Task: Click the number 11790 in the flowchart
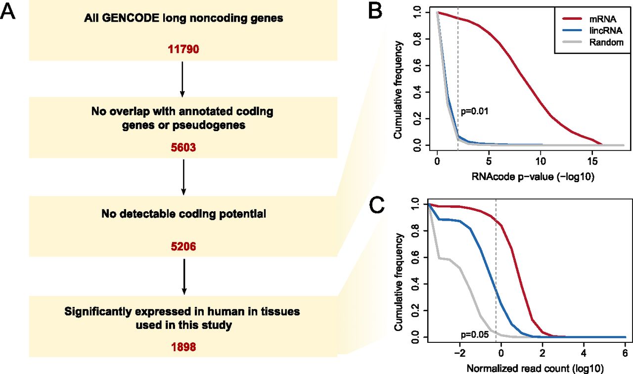click(x=183, y=49)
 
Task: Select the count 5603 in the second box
click(x=183, y=147)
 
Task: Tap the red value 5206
click(x=183, y=246)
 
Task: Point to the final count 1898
click(x=183, y=347)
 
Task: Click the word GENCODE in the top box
click(x=131, y=18)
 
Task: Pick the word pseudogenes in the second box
click(x=209, y=125)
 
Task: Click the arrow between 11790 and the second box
click(x=182, y=79)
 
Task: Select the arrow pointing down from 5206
click(x=184, y=277)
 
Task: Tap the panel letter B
click(x=375, y=11)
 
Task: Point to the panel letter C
click(x=377, y=205)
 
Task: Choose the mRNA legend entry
click(x=589, y=19)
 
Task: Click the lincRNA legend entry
click(x=592, y=30)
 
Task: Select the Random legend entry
click(x=593, y=42)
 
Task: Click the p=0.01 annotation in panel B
click(x=475, y=111)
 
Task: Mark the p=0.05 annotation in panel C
click(x=475, y=335)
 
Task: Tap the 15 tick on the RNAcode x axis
click(x=592, y=161)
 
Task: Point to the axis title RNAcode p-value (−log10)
click(x=533, y=177)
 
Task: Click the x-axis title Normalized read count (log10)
click(x=535, y=369)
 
